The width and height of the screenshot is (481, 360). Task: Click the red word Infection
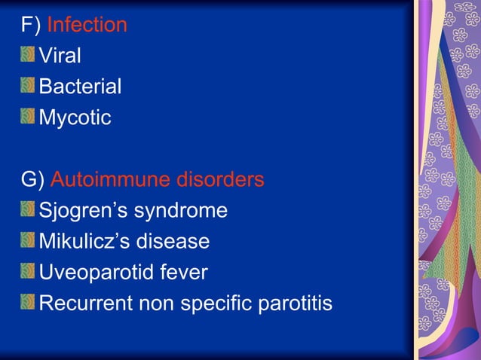coord(87,25)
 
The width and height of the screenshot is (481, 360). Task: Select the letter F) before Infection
coord(31,25)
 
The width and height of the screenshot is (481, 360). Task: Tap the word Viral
coord(60,56)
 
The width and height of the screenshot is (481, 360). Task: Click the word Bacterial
coord(80,87)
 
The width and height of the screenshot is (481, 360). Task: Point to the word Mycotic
coord(75,117)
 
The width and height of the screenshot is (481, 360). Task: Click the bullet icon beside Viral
coord(28,55)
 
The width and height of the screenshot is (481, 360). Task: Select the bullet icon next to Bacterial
coord(28,86)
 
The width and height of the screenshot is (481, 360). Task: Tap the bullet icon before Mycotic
coord(28,117)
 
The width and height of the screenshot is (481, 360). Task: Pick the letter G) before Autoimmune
coord(32,179)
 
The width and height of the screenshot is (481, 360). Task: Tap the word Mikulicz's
coord(85,242)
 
